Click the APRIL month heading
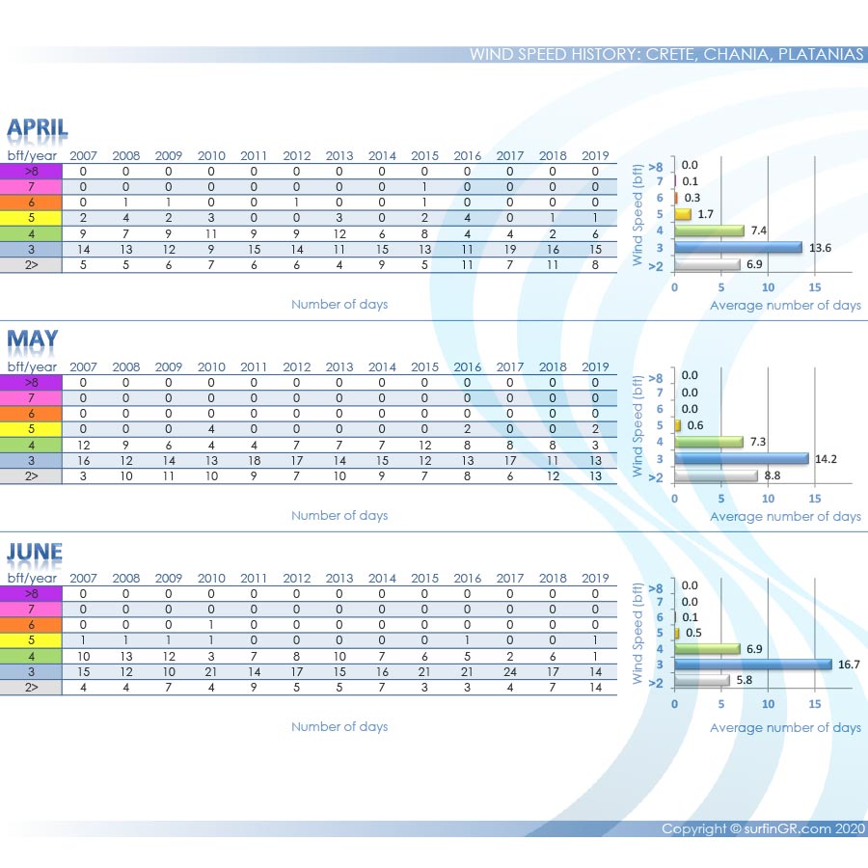38,128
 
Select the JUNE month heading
35,552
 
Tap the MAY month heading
33,339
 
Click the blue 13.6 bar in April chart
738,247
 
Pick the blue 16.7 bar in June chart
752,665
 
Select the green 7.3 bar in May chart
709,442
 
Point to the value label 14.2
827,458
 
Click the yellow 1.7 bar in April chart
683,214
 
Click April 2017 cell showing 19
510,249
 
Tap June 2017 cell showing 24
510,672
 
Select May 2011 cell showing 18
254,461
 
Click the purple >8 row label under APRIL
31,172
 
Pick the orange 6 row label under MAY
31,414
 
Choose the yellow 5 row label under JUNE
31,641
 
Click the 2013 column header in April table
339,156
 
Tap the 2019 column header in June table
595,579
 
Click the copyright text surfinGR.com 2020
763,828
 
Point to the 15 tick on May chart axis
815,499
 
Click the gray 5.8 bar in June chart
701,681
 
